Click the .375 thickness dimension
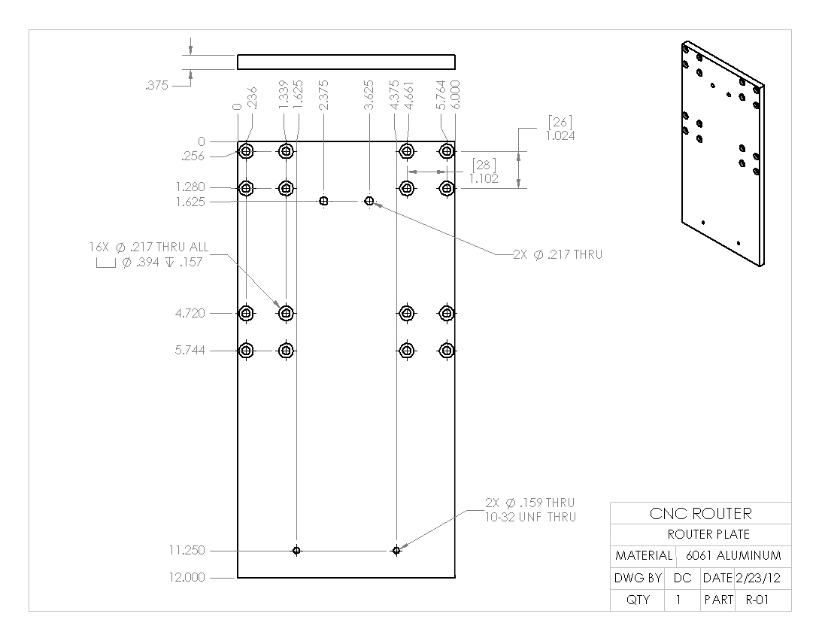coord(156,86)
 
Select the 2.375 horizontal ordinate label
coord(323,96)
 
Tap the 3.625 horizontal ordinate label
coord(369,96)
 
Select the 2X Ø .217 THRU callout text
coord(557,255)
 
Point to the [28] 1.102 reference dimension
coord(484,172)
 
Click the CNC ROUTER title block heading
coord(700,514)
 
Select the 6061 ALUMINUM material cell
coord(733,556)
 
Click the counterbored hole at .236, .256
coord(246,151)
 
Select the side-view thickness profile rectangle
coord(346,62)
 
